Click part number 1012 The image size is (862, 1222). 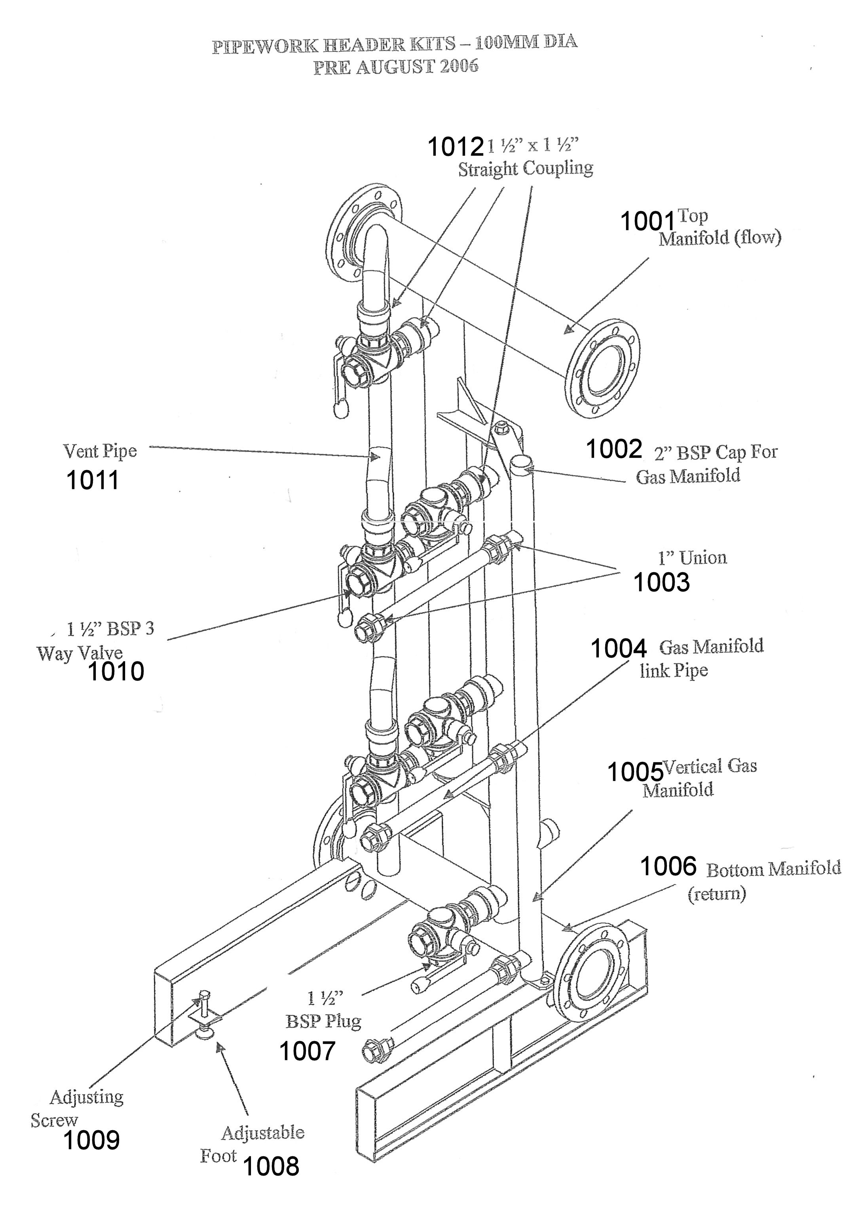(x=456, y=147)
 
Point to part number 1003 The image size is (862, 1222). (x=661, y=582)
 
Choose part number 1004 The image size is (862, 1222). (x=619, y=649)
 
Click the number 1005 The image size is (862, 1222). (x=635, y=772)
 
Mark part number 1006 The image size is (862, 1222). (x=668, y=867)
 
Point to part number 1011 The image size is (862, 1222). (x=93, y=481)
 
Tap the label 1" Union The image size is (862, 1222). (x=692, y=558)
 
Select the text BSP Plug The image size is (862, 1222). (x=323, y=1021)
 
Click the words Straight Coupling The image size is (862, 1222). (x=526, y=169)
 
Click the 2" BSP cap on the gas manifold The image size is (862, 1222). (x=522, y=461)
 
